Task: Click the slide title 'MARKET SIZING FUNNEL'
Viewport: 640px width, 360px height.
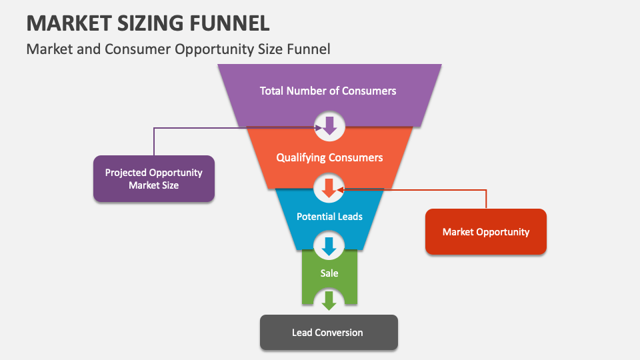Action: tap(148, 23)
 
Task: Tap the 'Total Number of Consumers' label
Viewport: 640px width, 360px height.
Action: tap(328, 91)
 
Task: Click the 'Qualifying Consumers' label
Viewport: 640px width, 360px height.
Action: tap(329, 158)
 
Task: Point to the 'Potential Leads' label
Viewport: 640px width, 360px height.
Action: tap(329, 217)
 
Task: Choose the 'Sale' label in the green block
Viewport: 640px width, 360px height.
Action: tap(329, 273)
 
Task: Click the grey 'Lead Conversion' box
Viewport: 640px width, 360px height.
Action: tap(328, 332)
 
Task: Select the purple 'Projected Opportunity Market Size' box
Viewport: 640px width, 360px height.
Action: tap(153, 179)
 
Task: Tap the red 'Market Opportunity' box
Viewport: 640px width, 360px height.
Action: tap(485, 232)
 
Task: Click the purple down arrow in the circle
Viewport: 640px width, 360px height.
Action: tap(329, 125)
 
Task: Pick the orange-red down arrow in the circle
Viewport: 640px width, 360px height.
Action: tap(328, 188)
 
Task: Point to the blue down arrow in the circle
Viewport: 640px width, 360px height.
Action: tap(328, 247)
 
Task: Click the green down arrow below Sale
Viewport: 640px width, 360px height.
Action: tap(328, 300)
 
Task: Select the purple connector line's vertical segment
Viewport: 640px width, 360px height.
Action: tap(154, 141)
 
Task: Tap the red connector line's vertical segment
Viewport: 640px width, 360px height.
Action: tap(486, 199)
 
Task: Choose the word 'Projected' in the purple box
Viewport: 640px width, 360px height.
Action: tap(125, 173)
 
